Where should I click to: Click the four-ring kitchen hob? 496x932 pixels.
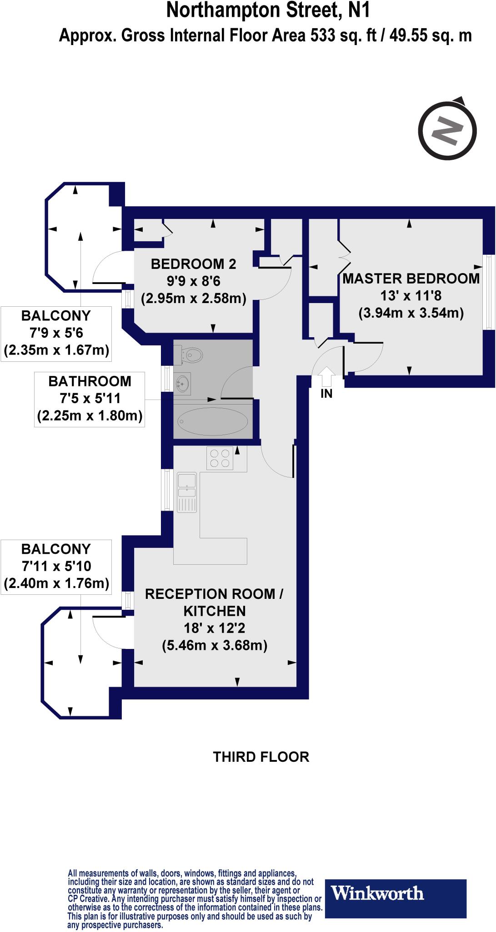(220, 458)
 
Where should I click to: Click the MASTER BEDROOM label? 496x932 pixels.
(411, 278)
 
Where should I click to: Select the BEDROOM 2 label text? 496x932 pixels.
(194, 263)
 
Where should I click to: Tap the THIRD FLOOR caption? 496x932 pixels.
(261, 757)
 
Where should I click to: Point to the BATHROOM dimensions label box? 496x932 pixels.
(90, 399)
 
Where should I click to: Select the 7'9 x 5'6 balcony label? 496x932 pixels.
(56, 333)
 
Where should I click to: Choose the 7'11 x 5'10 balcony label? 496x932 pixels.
(56, 566)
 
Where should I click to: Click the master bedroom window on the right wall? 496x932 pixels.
(489, 292)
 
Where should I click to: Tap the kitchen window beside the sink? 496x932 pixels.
(168, 490)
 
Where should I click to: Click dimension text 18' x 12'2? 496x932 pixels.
(215, 628)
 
